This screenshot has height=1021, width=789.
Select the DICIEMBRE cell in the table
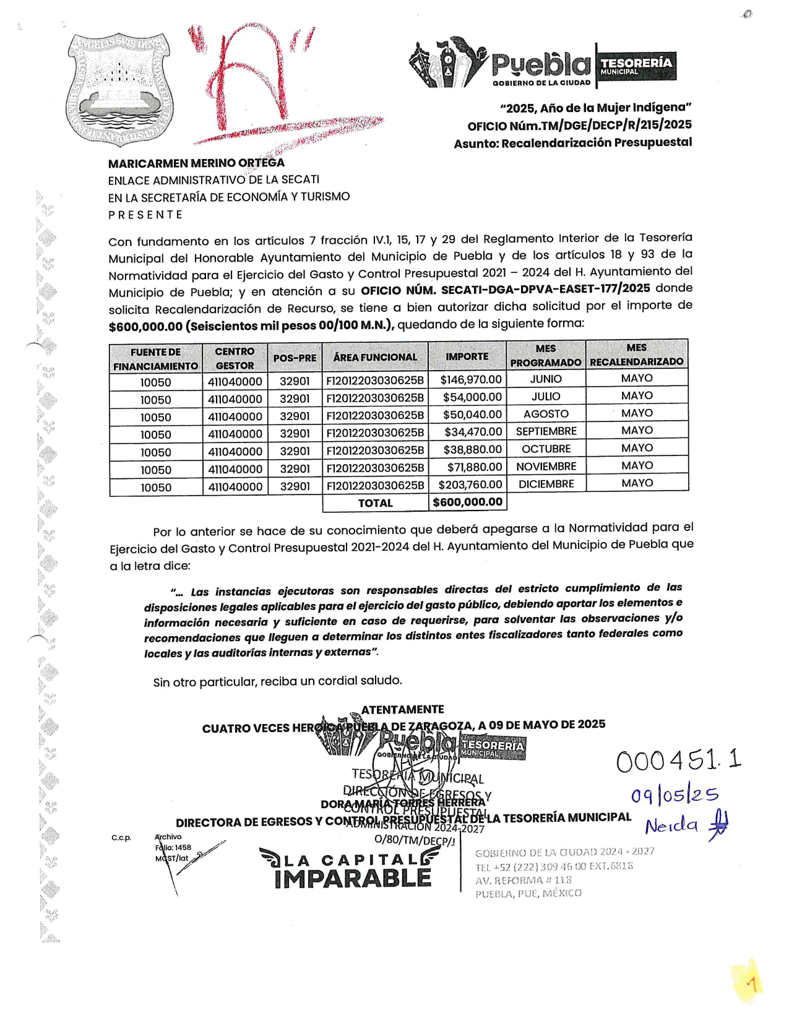coord(546,484)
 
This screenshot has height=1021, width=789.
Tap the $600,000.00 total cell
coord(467,502)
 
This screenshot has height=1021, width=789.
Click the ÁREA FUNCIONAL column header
coord(375,357)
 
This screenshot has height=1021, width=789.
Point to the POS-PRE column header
coord(295,358)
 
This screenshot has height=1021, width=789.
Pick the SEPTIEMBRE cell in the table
coord(546,431)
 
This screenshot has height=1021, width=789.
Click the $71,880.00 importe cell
coord(474,467)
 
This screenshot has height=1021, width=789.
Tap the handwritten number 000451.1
coord(678,760)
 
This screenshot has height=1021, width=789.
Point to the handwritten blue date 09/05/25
coord(674,795)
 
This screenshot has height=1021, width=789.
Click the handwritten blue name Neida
coord(671,825)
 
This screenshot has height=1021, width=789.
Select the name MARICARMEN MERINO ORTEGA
coord(196,163)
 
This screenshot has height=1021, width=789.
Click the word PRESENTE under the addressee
coord(145,215)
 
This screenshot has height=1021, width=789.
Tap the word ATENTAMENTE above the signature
coord(402,709)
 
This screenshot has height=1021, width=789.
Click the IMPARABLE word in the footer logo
coord(353,878)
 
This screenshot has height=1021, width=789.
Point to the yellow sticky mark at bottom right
coord(748,982)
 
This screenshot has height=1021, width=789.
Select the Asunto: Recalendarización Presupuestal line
coord(572,143)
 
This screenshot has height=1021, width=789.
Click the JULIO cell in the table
coord(546,397)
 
